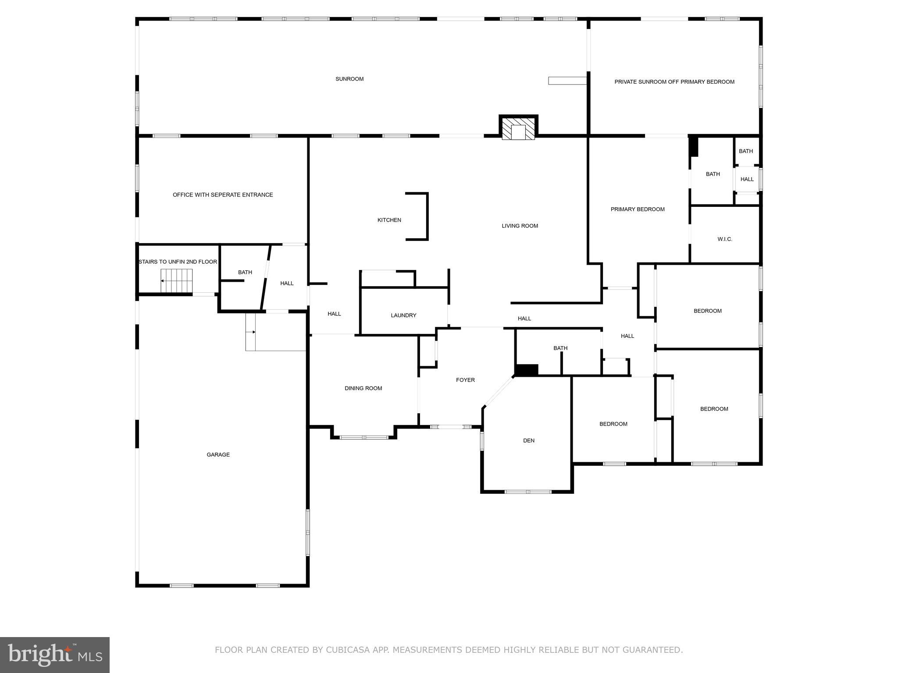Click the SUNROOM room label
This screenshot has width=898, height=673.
349,79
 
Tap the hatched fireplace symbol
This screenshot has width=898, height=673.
518,129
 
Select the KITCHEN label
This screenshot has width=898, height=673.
389,220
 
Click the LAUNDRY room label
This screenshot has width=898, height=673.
403,315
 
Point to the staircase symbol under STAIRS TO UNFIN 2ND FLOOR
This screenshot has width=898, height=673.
177,281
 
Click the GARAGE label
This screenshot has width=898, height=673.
218,454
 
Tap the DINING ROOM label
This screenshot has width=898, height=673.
363,388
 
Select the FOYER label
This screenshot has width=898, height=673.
465,380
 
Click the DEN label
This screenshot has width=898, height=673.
528,440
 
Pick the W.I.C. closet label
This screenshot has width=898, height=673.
724,239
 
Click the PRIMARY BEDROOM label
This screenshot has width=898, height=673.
638,209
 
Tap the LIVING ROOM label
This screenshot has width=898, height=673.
520,226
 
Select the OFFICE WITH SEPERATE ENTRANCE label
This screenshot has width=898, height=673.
223,195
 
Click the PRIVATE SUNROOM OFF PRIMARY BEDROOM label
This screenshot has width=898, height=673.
674,81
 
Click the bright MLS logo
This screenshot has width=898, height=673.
55,655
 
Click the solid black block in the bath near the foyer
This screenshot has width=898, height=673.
526,370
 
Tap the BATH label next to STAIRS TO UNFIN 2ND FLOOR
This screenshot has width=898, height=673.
245,272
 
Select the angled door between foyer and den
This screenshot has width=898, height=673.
499,391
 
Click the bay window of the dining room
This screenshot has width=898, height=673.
364,437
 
